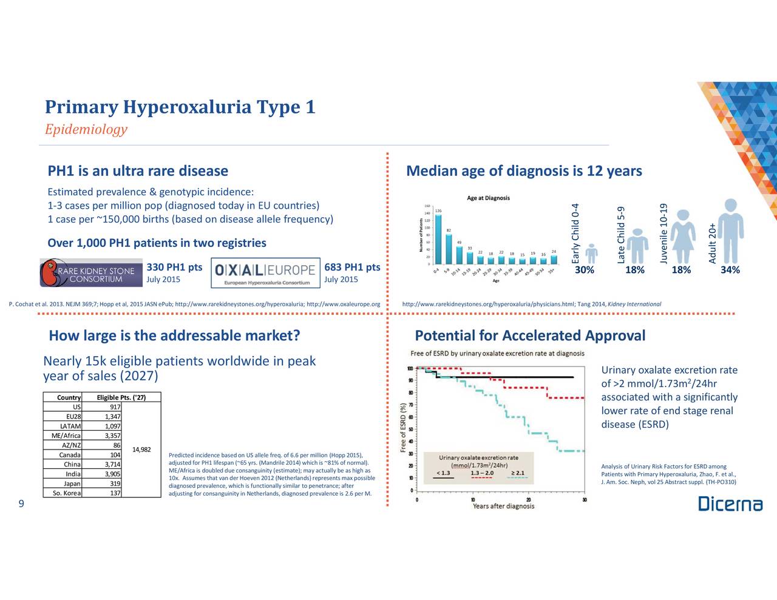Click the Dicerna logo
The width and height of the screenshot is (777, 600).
pyautogui.click(x=730, y=504)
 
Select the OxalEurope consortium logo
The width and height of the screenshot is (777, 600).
pyautogui.click(x=265, y=273)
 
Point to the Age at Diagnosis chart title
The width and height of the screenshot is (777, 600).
pyautogui.click(x=488, y=198)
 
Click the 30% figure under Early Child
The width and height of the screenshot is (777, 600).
pyautogui.click(x=584, y=270)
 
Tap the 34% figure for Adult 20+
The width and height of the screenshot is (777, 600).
pyautogui.click(x=730, y=270)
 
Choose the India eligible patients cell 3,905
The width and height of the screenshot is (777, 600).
pyautogui.click(x=111, y=474)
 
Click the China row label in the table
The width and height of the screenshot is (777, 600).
pyautogui.click(x=72, y=465)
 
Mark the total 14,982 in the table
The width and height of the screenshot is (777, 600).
pyautogui.click(x=140, y=450)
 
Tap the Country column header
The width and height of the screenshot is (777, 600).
pyautogui.click(x=69, y=397)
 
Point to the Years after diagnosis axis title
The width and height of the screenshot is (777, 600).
pyautogui.click(x=503, y=506)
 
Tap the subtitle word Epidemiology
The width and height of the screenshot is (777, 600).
pyautogui.click(x=86, y=129)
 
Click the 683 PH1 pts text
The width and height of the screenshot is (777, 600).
pyautogui.click(x=352, y=268)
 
